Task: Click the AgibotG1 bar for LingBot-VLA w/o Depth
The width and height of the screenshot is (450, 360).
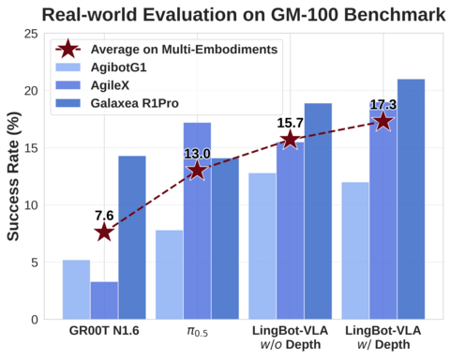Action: (262, 247)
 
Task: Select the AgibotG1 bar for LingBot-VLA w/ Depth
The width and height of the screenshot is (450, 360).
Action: (355, 251)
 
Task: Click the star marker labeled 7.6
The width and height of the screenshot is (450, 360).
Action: (104, 232)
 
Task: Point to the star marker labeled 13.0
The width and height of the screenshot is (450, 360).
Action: (197, 170)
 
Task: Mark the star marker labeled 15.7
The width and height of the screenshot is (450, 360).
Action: (290, 140)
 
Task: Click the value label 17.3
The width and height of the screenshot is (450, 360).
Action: (383, 104)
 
